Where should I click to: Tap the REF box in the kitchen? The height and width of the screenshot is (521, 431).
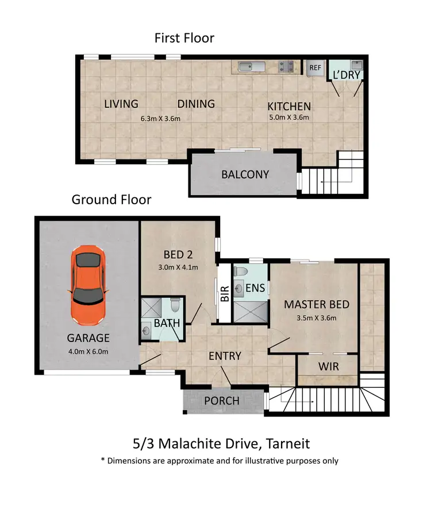click(315, 68)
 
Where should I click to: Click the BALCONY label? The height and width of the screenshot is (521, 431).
click(245, 174)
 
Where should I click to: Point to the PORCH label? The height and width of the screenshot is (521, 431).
click(222, 401)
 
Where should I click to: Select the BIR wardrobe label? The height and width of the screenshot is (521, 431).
click(225, 294)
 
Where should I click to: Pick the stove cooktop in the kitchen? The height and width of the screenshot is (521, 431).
click(287, 67)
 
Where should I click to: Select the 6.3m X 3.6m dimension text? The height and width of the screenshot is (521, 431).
click(161, 119)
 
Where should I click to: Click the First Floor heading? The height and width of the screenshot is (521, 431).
click(184, 38)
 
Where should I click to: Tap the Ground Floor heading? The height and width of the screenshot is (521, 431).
click(111, 200)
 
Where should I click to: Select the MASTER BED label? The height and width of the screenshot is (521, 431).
click(317, 304)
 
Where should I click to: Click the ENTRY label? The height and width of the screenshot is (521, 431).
click(225, 356)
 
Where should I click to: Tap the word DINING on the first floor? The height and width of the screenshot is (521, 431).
click(196, 104)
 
